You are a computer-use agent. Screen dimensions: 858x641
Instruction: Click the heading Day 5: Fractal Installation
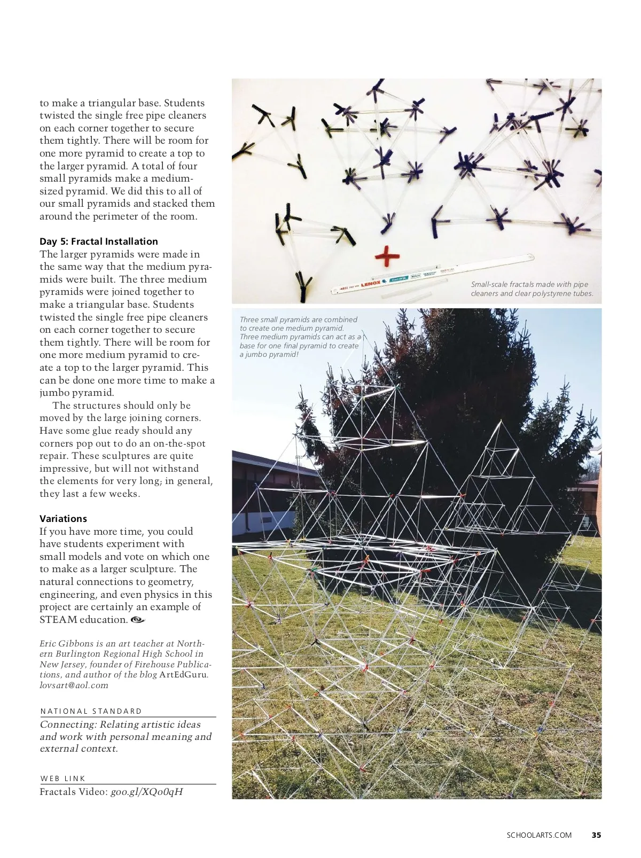pos(98,241)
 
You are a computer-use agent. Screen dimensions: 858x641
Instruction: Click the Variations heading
pos(63,519)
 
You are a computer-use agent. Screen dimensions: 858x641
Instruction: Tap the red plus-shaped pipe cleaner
pos(387,256)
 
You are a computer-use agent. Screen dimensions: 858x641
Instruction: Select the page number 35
pos(596,835)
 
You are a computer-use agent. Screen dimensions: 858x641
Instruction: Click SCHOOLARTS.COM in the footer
pos(539,835)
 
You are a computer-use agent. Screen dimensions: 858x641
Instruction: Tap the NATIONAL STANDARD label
pos(91,711)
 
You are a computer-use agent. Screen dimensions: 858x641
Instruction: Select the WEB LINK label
pos(62,778)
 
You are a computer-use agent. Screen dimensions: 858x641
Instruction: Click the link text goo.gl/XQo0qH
pos(146,792)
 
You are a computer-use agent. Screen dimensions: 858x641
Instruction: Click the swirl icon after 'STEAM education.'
pos(137,620)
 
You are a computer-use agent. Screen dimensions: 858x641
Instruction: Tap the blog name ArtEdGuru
pos(183,675)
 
